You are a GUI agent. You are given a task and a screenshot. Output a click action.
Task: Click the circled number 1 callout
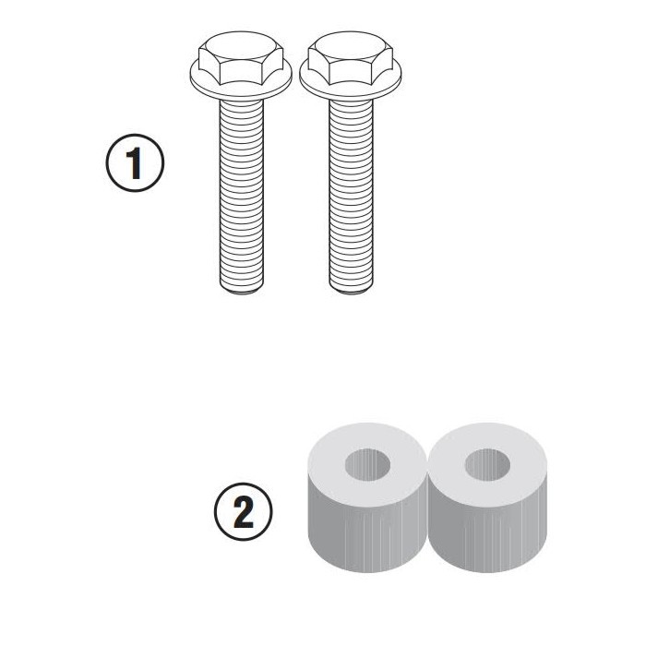tap(135, 163)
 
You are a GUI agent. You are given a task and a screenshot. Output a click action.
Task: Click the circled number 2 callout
tap(244, 511)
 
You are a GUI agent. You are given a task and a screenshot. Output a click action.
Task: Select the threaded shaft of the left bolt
tap(242, 196)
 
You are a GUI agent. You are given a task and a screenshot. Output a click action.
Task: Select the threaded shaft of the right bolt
tap(351, 196)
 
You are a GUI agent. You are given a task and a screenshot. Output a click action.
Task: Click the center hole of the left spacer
tap(367, 464)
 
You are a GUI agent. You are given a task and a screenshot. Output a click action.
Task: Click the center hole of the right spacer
tap(488, 464)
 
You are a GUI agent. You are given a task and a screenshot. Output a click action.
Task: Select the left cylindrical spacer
tap(367, 497)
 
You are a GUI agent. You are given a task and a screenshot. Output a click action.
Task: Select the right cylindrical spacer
tap(488, 497)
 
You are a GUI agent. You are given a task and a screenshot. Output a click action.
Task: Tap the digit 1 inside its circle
tap(135, 163)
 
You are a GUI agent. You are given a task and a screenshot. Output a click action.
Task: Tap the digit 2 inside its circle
tap(244, 512)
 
